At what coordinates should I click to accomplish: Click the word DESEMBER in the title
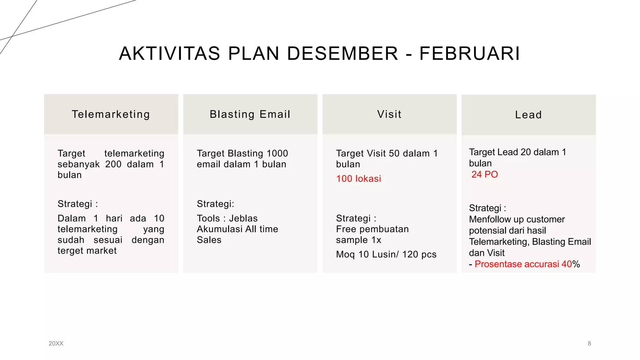coord(342,53)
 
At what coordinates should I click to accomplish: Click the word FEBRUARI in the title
coord(470,53)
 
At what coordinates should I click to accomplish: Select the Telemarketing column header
coord(111,114)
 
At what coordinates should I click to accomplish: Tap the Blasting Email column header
coord(250,114)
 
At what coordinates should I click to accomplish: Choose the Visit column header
coord(389,114)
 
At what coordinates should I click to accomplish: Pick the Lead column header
coord(528,115)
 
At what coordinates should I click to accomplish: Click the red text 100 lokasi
coord(358,179)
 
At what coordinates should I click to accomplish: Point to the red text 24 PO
coord(484,174)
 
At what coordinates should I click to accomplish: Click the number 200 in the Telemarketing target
coord(113,164)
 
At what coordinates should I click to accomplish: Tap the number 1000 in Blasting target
coord(277,153)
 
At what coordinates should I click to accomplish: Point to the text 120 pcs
coord(419,254)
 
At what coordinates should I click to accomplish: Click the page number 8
coord(589,343)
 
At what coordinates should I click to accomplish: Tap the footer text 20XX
coord(56,343)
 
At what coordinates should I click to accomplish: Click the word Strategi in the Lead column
coord(485,208)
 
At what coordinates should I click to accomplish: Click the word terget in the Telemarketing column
coord(71,251)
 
